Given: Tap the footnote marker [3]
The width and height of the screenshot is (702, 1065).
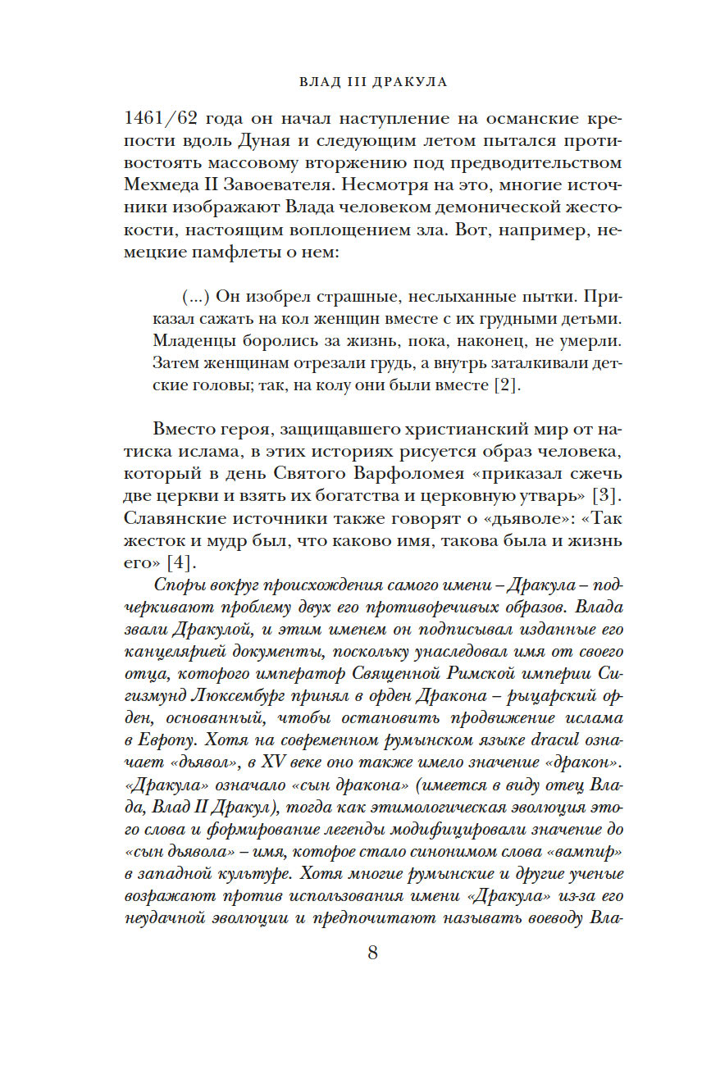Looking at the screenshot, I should coord(610,496).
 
